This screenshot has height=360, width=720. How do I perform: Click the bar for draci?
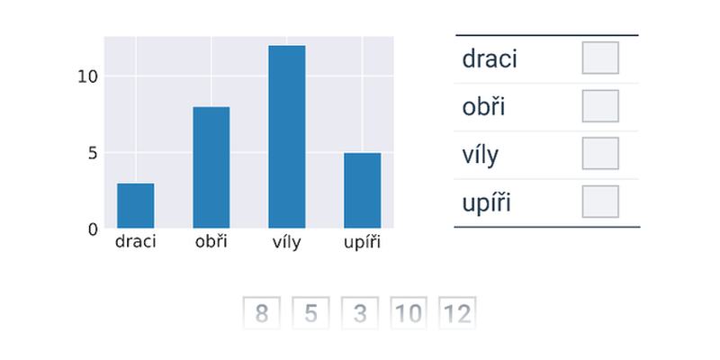[136, 205]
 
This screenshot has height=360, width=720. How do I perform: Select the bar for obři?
[211, 167]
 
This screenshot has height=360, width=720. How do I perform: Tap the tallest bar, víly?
[287, 137]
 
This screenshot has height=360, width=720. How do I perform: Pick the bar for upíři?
[363, 190]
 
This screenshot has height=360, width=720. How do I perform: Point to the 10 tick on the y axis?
[87, 76]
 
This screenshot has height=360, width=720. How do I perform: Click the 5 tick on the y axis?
[94, 153]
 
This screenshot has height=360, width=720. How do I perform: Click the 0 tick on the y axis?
[94, 229]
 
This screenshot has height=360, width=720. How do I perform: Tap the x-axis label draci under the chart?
[136, 241]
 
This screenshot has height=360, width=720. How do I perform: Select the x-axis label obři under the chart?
[211, 241]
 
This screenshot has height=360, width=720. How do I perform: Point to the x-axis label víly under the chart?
[287, 242]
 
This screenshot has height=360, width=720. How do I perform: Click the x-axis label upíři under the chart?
[363, 242]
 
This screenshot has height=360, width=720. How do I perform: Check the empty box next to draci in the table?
[600, 58]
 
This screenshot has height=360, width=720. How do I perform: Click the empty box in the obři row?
[600, 105]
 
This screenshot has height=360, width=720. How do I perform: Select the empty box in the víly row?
[600, 153]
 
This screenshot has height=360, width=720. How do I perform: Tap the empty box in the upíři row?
[600, 201]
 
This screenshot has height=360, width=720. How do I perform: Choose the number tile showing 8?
[261, 313]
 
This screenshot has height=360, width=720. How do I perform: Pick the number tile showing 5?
[310, 313]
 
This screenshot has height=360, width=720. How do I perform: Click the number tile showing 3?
[359, 313]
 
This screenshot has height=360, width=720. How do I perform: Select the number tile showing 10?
[409, 313]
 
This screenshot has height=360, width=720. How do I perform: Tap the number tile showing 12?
[457, 313]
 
